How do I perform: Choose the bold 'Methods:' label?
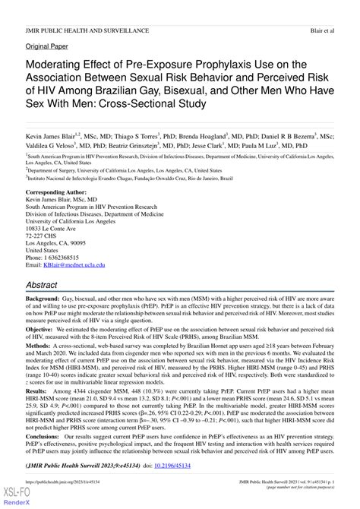click(x=41, y=350)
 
